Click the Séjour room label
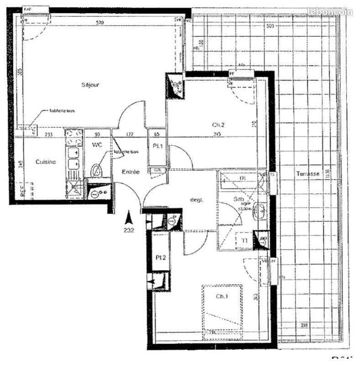coord(90,85)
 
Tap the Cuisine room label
coord(46,162)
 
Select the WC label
coord(97,145)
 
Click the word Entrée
coord(130,172)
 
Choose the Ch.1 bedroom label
coord(223,296)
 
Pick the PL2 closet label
coord(160,257)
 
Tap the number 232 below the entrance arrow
coord(129,230)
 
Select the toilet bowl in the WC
coord(96,171)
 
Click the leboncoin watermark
coord(330,12)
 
